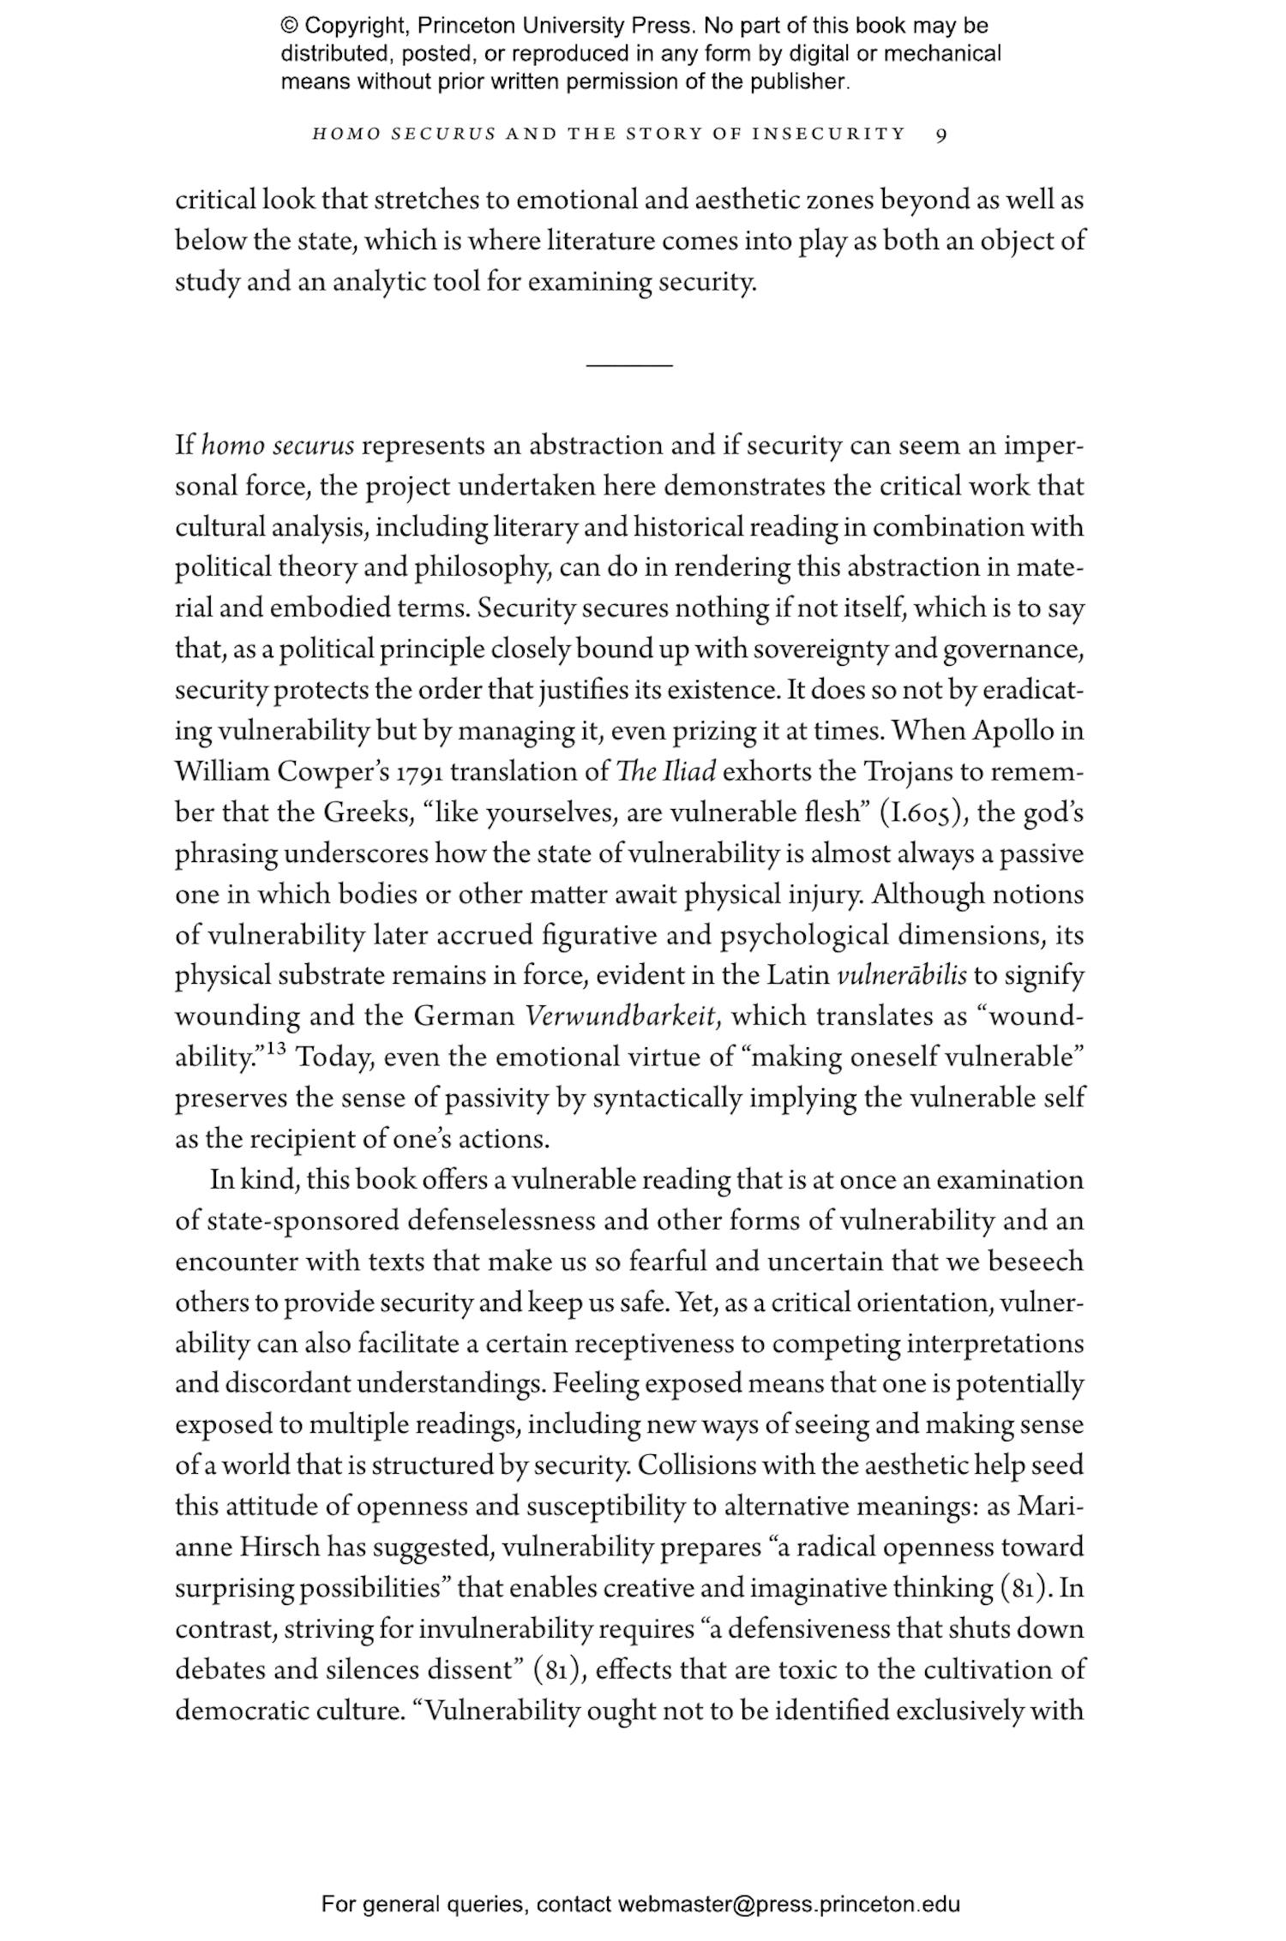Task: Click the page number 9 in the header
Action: coord(941,135)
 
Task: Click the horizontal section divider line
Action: coord(629,366)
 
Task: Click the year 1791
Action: coord(419,773)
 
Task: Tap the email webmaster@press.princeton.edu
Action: coord(788,1904)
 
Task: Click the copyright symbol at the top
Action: coord(289,27)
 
